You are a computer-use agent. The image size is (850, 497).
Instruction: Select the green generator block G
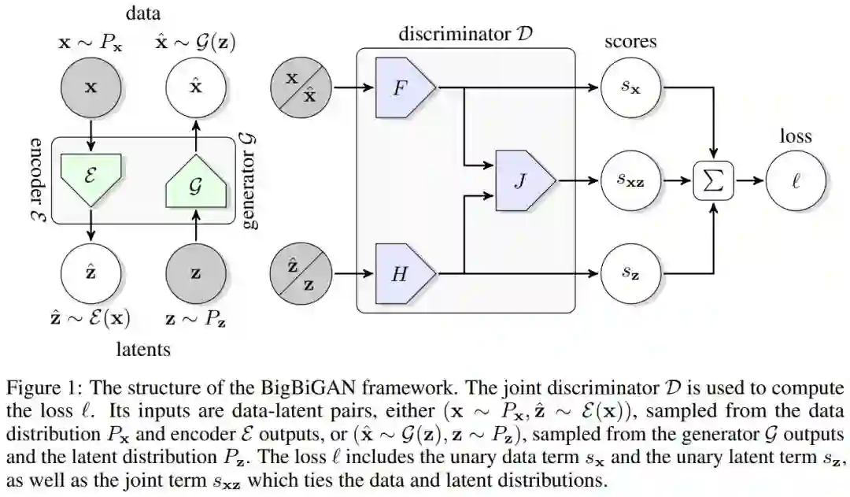[x=196, y=183]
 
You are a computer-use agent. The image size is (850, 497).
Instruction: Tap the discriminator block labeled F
[x=405, y=87]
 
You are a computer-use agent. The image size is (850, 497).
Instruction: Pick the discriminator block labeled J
[x=525, y=180]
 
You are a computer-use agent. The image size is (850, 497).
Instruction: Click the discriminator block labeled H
[x=405, y=273]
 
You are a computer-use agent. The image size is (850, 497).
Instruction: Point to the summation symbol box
[x=714, y=180]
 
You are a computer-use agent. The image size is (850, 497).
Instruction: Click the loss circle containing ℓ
[x=795, y=180]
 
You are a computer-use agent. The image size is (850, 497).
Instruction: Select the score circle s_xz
[x=630, y=180]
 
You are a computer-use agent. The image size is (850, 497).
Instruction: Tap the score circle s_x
[x=630, y=87]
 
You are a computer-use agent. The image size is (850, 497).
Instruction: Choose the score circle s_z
[x=630, y=273]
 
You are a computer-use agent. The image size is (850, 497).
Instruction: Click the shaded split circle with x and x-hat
[x=301, y=87]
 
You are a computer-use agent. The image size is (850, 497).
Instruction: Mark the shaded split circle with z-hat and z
[x=301, y=273]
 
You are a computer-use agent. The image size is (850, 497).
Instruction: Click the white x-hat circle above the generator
[x=196, y=87]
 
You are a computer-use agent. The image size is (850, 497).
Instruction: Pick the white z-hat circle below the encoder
[x=91, y=273]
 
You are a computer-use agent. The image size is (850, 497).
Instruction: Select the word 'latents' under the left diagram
[x=144, y=349]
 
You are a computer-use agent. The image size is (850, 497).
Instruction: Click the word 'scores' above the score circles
[x=630, y=42]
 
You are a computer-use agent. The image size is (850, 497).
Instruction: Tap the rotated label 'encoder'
[x=37, y=170]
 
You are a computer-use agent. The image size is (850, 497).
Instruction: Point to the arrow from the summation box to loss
[x=749, y=180]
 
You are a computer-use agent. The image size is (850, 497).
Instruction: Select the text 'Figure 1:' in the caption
[x=44, y=388]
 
